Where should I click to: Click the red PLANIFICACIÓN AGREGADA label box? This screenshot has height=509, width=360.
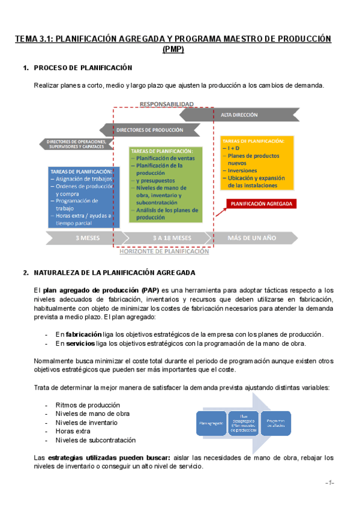point(262,204)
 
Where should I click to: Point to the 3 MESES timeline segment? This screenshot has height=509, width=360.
point(87,238)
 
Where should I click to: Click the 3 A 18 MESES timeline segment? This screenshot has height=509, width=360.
point(172,238)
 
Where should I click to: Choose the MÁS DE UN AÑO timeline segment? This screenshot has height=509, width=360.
point(252,238)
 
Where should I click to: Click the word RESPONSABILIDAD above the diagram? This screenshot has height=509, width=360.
point(166,104)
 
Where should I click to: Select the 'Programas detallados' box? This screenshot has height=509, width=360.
point(276,423)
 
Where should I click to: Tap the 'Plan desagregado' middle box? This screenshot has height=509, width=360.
point(243,423)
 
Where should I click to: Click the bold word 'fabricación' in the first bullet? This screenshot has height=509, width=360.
point(83,334)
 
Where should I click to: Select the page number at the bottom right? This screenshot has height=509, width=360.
point(329,483)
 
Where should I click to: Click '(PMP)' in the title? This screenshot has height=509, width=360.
point(173,49)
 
